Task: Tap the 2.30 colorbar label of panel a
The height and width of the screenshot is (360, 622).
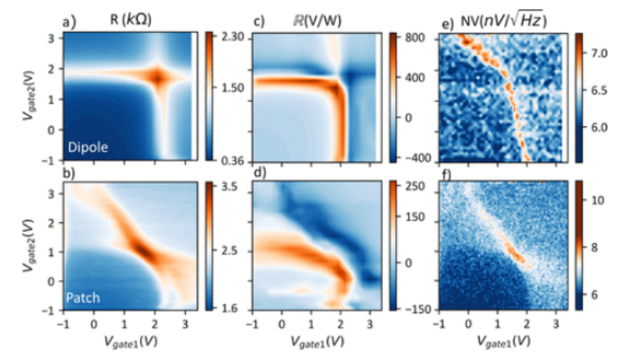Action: coord(230,37)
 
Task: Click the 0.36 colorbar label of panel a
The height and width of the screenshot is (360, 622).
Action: coord(230,160)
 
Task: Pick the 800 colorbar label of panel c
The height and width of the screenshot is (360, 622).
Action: coord(413,37)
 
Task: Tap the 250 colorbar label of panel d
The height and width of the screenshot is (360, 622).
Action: coord(413,186)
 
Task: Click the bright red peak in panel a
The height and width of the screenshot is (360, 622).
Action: coord(159,77)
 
